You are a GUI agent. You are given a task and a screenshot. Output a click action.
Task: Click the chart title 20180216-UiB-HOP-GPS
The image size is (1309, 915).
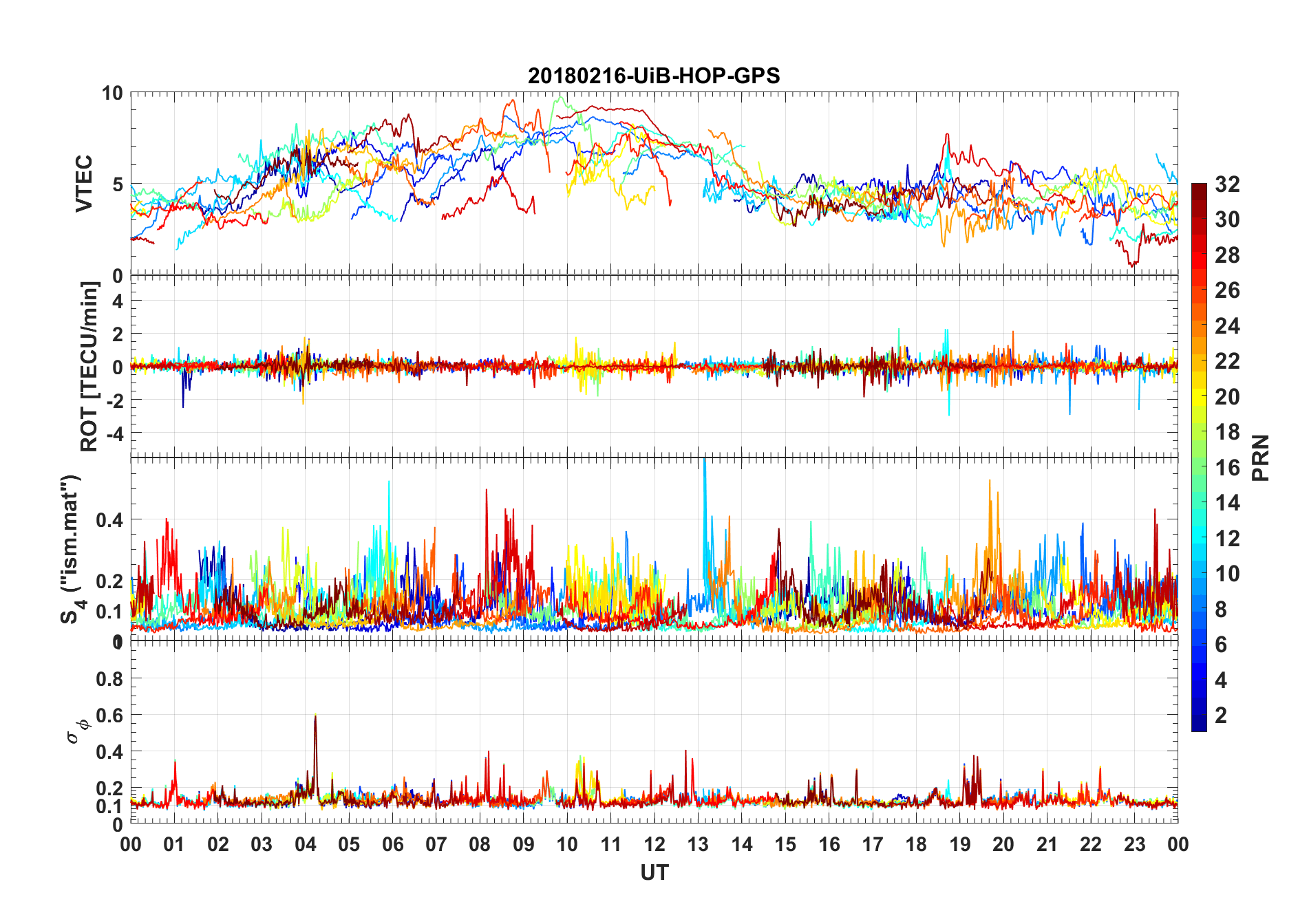tap(654, 76)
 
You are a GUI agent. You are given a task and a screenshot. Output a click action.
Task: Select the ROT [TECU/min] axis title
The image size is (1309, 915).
tap(89, 366)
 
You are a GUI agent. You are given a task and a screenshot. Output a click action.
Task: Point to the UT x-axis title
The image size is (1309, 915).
tap(654, 872)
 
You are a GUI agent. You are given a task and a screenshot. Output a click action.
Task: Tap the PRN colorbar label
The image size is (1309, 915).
tap(1260, 458)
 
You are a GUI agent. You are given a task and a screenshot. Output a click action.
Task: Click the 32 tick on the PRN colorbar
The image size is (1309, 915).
tap(1227, 184)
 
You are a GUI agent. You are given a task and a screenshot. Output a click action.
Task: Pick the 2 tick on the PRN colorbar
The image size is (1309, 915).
tap(1221, 715)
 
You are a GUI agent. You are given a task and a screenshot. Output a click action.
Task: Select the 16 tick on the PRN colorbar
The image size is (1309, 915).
tap(1227, 468)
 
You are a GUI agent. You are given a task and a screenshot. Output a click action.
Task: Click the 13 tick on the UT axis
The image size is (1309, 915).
tap(698, 844)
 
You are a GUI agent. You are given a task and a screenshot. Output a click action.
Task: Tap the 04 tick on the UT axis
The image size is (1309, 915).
tap(305, 844)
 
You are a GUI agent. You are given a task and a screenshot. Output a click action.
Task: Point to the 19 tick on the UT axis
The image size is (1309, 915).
tap(959, 844)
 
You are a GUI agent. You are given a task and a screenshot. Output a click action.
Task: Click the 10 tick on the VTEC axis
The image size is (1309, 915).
tap(112, 93)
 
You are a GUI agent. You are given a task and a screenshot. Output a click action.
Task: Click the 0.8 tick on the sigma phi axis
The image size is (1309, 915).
tap(110, 679)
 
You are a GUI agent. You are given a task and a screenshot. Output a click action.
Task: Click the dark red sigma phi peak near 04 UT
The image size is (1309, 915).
tap(315, 718)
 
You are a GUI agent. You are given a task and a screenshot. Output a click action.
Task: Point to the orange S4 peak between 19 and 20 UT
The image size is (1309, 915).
tap(990, 482)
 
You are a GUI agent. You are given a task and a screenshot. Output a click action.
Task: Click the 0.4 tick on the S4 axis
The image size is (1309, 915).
tap(110, 519)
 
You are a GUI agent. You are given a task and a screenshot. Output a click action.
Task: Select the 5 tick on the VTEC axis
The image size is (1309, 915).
tap(118, 184)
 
